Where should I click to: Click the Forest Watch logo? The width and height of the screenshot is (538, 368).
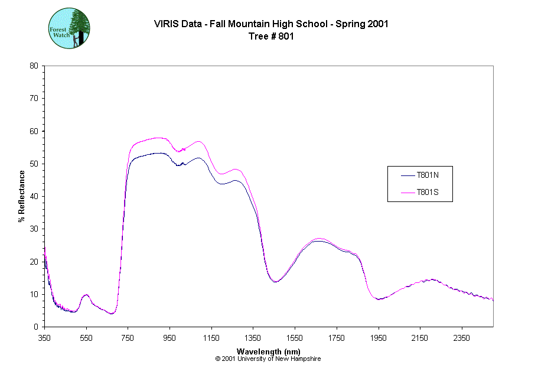coord(69,28)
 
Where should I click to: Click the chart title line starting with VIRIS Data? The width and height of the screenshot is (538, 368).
coord(271,24)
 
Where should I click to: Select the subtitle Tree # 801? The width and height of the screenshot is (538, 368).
coord(271,36)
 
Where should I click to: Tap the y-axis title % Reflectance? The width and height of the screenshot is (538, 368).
coord(22,196)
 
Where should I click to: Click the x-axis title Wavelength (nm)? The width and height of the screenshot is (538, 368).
coord(268,351)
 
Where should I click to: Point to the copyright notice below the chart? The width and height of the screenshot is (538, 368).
coord(268,359)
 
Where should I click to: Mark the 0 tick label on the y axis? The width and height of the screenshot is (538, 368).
coord(36,327)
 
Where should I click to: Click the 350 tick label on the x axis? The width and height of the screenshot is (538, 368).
coord(45,338)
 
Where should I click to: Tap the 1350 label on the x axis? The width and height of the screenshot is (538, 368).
coord(253,338)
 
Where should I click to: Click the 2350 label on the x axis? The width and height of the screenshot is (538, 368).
coord(461,338)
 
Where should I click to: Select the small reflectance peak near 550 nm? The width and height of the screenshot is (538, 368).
coord(86,294)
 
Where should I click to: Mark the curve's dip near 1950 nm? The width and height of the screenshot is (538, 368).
coord(379,299)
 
